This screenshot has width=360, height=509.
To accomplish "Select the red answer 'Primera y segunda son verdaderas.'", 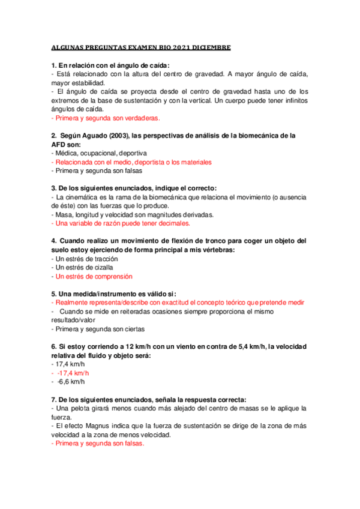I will (106, 118).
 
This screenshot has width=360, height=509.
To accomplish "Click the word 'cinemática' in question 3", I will (84, 197).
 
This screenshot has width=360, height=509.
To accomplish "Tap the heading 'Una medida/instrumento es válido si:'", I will (114, 294).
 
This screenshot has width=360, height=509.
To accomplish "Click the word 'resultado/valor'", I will (74, 321).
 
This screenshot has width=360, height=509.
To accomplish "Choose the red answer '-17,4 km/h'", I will (70, 373).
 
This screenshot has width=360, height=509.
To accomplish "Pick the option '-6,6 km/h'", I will (68, 382).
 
